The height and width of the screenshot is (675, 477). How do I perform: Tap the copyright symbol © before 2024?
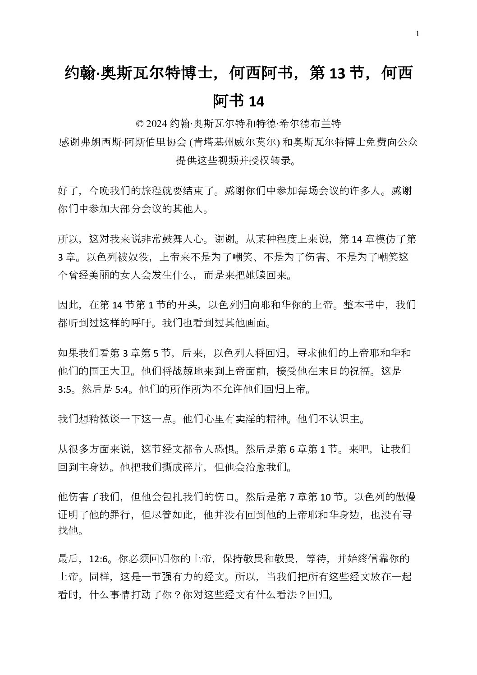click(139, 124)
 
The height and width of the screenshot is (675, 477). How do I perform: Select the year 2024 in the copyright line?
click(157, 124)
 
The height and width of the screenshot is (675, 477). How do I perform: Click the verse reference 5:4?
click(122, 390)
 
